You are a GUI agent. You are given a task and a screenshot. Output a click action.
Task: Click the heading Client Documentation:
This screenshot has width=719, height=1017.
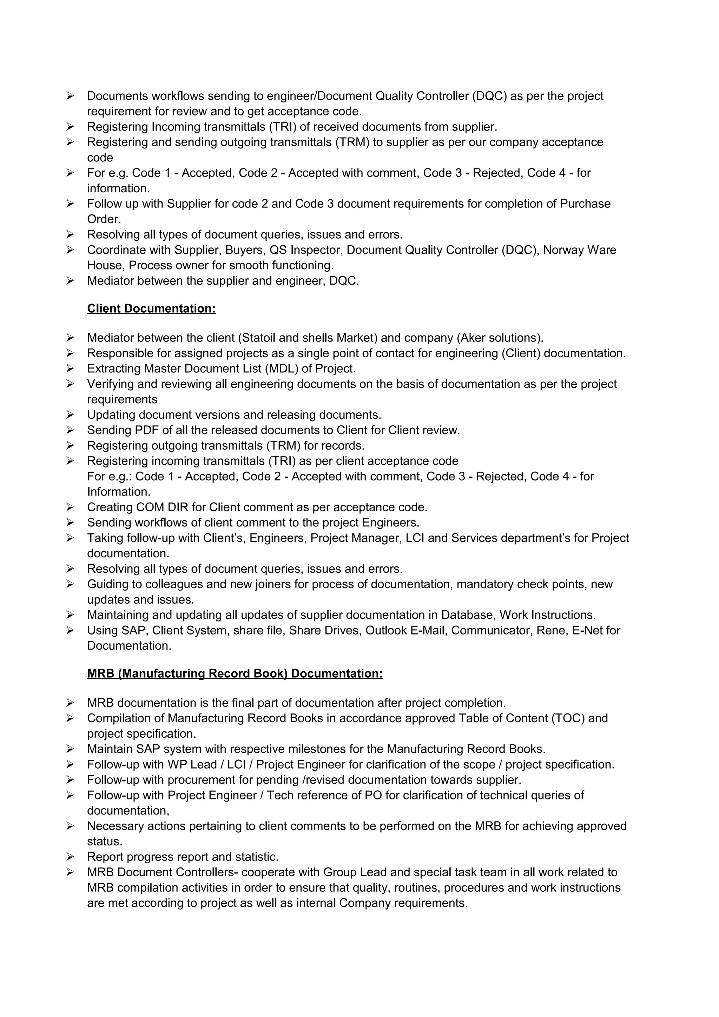tap(151, 309)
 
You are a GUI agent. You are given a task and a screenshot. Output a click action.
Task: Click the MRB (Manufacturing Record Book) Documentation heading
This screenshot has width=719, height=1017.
tap(235, 674)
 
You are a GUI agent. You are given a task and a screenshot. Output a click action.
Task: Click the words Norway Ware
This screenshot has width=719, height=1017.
tap(580, 250)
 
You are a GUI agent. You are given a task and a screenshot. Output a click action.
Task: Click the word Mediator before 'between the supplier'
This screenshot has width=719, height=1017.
tap(110, 281)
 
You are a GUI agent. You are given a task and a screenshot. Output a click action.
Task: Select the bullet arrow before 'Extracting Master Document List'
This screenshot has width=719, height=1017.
tap(70, 368)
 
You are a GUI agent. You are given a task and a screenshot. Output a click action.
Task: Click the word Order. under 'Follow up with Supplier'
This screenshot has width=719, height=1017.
tap(104, 219)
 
